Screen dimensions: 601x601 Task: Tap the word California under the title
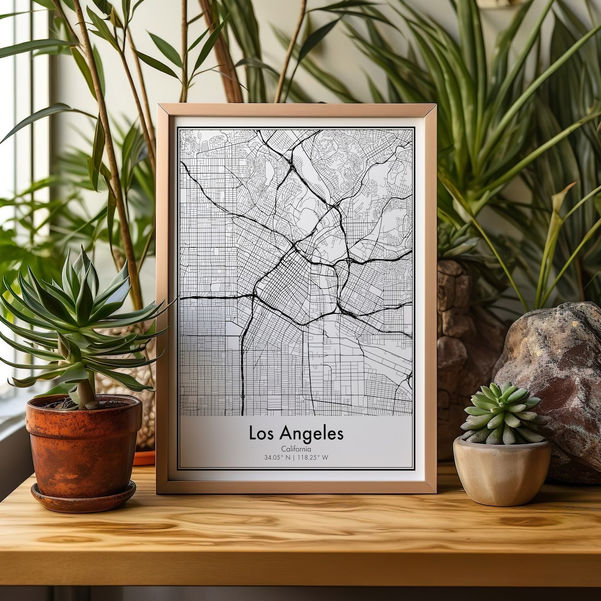[x=296, y=449]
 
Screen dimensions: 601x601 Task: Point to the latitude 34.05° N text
[x=277, y=457]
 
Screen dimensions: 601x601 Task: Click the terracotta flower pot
[x=83, y=445]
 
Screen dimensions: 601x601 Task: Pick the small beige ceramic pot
[x=501, y=473]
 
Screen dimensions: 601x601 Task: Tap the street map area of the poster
[x=296, y=273]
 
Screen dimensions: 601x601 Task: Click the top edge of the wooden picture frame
[x=296, y=109]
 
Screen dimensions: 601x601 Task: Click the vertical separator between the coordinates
[x=294, y=457]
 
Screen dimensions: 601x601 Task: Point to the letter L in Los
[x=252, y=433]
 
